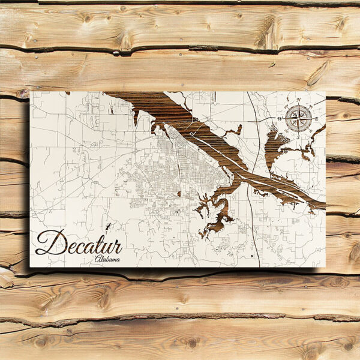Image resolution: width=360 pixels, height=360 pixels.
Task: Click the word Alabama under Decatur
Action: [107, 259]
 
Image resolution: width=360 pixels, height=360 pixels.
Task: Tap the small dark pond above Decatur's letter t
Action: [108, 227]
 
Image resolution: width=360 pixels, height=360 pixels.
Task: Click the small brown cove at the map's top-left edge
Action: [67, 93]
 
